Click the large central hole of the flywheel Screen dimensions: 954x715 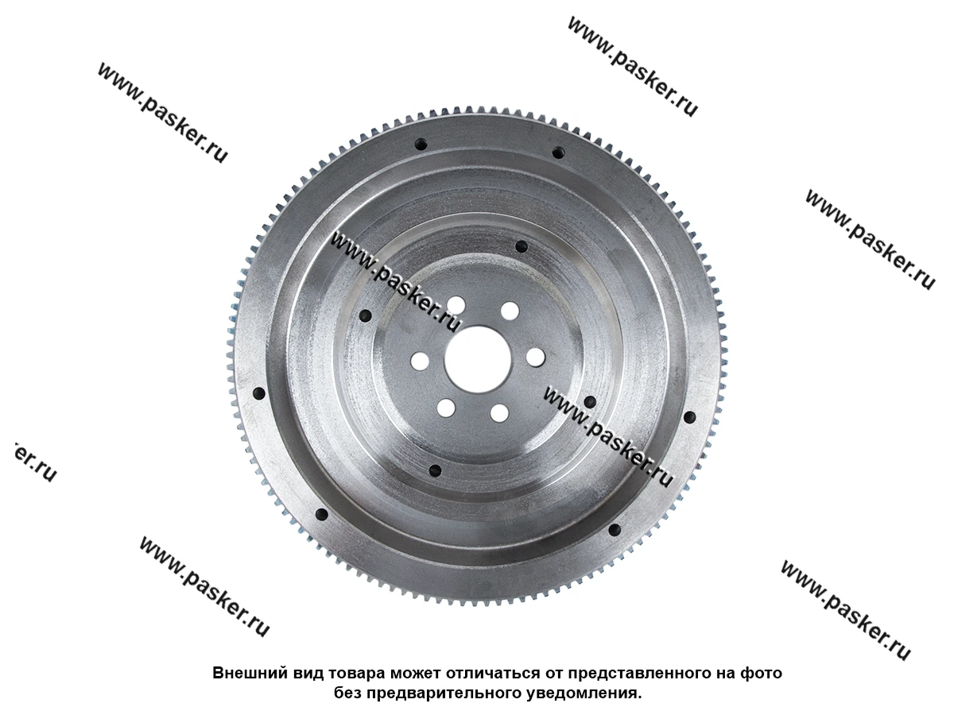click(x=478, y=360)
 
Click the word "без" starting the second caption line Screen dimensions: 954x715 click(x=347, y=694)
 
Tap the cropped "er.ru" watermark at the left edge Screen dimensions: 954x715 click(x=34, y=463)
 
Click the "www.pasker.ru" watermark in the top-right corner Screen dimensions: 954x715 click(x=632, y=67)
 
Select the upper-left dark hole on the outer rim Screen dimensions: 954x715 click(x=421, y=145)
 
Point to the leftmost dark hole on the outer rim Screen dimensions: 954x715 click(x=258, y=394)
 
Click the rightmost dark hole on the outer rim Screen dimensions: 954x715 click(x=690, y=418)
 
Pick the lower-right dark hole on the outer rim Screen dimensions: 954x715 click(x=614, y=530)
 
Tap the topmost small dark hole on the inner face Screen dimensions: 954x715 click(x=521, y=247)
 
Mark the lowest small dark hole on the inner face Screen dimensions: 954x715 click(x=435, y=470)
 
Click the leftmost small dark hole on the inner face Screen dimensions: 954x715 click(x=366, y=316)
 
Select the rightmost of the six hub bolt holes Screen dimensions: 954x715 click(x=536, y=357)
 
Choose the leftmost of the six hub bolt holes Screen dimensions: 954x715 click(x=420, y=361)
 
